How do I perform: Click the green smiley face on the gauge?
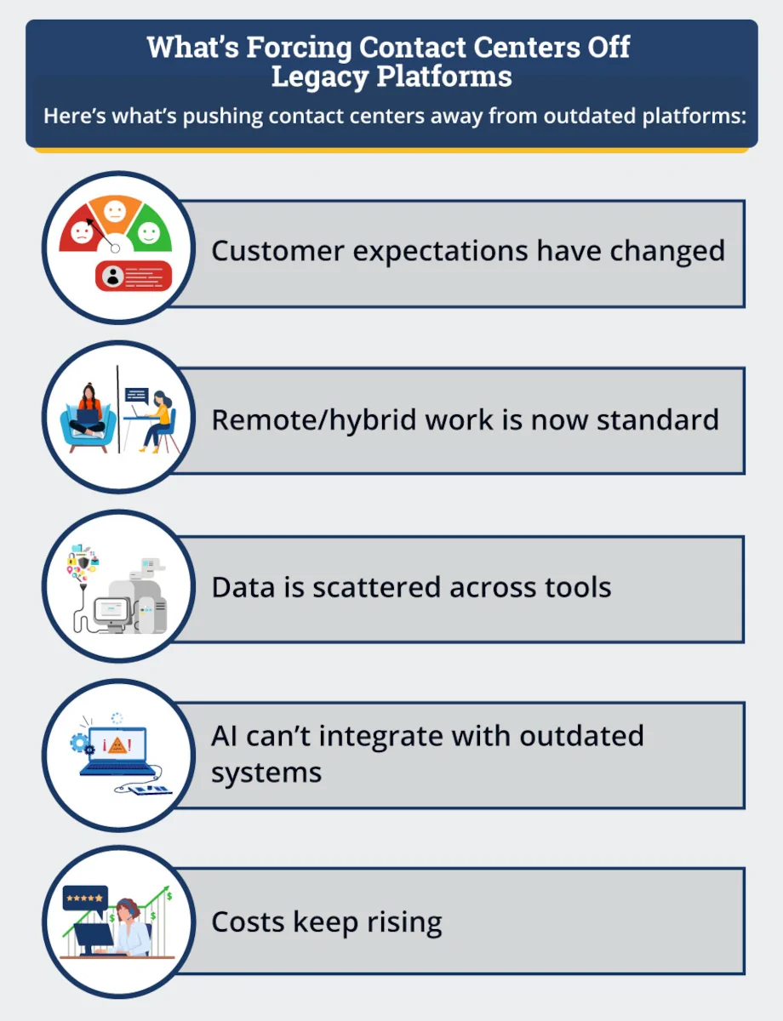pyautogui.click(x=148, y=231)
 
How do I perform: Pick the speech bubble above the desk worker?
pyautogui.click(x=136, y=396)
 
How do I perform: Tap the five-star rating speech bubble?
pyautogui.click(x=85, y=898)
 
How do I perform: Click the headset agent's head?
pyautogui.click(x=126, y=910)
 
